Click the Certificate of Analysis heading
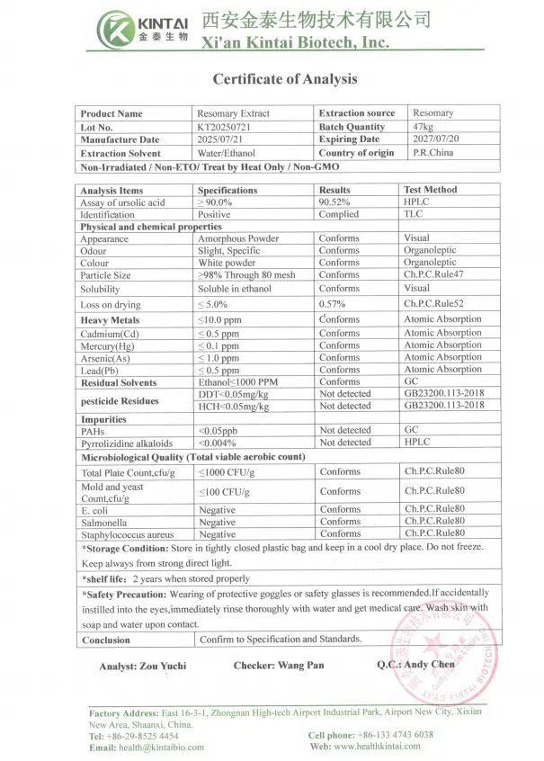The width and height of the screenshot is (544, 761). [x=285, y=79]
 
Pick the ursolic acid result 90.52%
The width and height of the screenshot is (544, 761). [x=334, y=202]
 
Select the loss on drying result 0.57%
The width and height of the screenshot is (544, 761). [x=332, y=304]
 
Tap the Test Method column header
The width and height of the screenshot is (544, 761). [x=430, y=190]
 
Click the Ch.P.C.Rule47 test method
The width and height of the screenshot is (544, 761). [x=433, y=274]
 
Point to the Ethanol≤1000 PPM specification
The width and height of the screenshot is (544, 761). [x=237, y=382]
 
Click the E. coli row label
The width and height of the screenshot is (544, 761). [x=95, y=510]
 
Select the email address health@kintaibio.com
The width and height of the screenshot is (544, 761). [x=160, y=747]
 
